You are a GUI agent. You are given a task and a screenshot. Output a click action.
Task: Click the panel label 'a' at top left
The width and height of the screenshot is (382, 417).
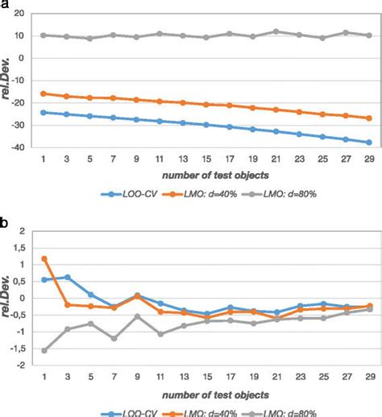point(5,6)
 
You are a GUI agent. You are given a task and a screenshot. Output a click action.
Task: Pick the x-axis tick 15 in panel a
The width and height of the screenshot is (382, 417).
point(206,158)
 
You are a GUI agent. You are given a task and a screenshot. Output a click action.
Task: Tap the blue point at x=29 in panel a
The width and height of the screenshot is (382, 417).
point(369,142)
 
